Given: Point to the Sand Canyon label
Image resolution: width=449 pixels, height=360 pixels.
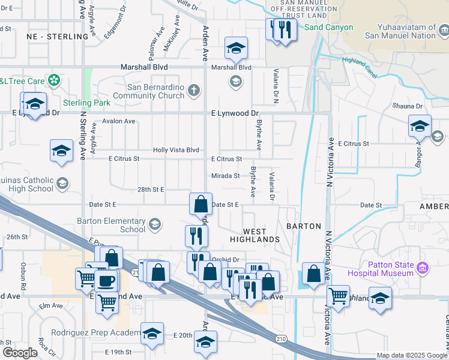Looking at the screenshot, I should click(x=328, y=28).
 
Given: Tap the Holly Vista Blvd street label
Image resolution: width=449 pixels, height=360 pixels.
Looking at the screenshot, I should click(x=176, y=150).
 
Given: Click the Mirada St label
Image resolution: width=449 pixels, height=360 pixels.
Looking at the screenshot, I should click(x=225, y=176).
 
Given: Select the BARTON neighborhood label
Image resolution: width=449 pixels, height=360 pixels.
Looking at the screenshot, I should click(x=300, y=227).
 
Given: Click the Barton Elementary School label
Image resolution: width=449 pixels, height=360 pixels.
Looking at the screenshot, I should click(x=111, y=225).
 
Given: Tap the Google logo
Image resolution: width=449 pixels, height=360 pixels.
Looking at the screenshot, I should click(x=19, y=353).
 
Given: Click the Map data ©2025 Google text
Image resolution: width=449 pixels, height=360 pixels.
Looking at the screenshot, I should click(x=412, y=355).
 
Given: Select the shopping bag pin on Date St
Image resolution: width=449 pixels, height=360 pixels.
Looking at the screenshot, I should click(x=200, y=204).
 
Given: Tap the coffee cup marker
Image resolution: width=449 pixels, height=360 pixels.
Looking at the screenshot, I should click(x=106, y=280).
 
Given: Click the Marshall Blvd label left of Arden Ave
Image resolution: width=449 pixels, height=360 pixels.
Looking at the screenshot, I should click(x=144, y=68).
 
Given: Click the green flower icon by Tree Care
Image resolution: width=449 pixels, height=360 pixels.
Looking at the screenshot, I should click(x=54, y=80).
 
